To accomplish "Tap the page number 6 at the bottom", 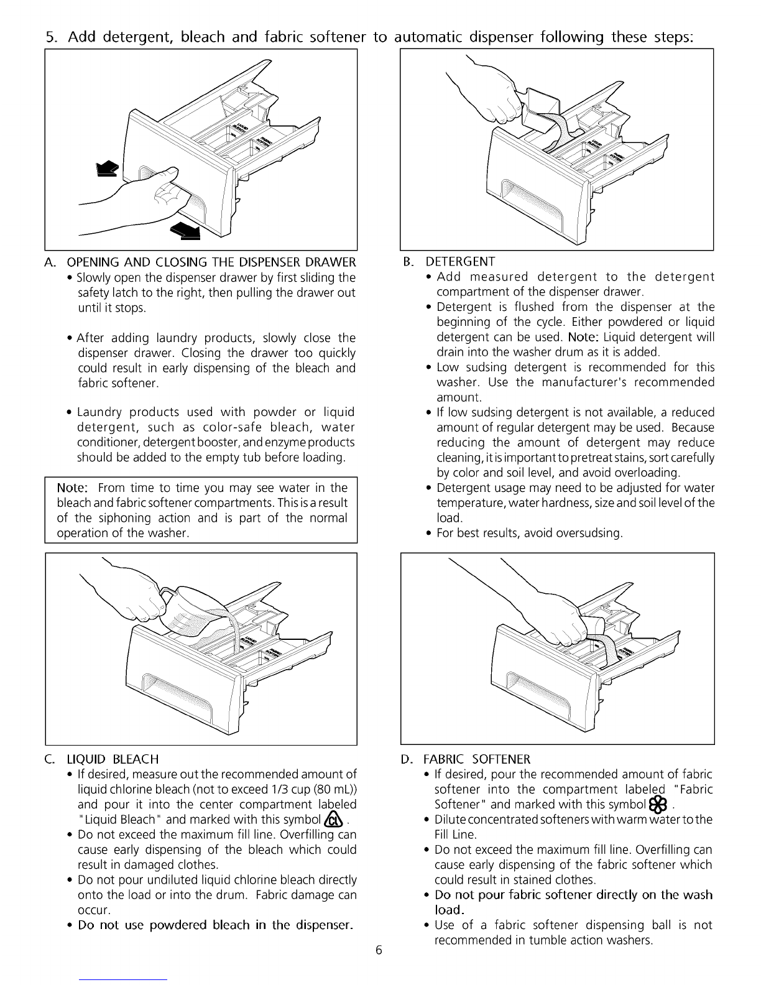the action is (379, 950).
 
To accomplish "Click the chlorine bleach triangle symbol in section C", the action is (334, 820).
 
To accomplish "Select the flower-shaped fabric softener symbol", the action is (658, 805).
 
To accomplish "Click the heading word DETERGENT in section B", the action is (460, 262).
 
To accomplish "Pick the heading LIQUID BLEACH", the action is (113, 759).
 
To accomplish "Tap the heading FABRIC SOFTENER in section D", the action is (477, 759).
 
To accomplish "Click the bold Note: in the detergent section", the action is (583, 337).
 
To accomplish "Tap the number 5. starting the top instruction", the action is (52, 37).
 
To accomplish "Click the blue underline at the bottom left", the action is (122, 979).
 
